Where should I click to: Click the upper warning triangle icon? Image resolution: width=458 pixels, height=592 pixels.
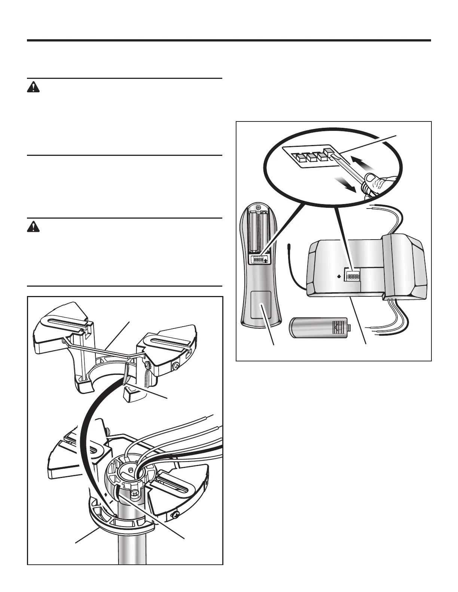click(x=33, y=87)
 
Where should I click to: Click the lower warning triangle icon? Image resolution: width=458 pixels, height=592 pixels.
click(x=33, y=227)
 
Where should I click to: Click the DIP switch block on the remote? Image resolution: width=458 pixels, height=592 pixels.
click(x=259, y=259)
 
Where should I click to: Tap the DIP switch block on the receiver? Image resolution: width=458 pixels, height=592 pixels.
click(x=352, y=277)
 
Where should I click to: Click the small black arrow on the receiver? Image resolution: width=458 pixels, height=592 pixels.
click(x=339, y=277)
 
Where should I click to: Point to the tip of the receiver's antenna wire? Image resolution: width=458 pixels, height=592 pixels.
click(x=289, y=246)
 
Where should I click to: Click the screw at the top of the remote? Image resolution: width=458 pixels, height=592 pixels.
click(x=258, y=207)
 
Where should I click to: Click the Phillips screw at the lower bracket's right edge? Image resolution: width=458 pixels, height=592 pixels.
click(x=175, y=517)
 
